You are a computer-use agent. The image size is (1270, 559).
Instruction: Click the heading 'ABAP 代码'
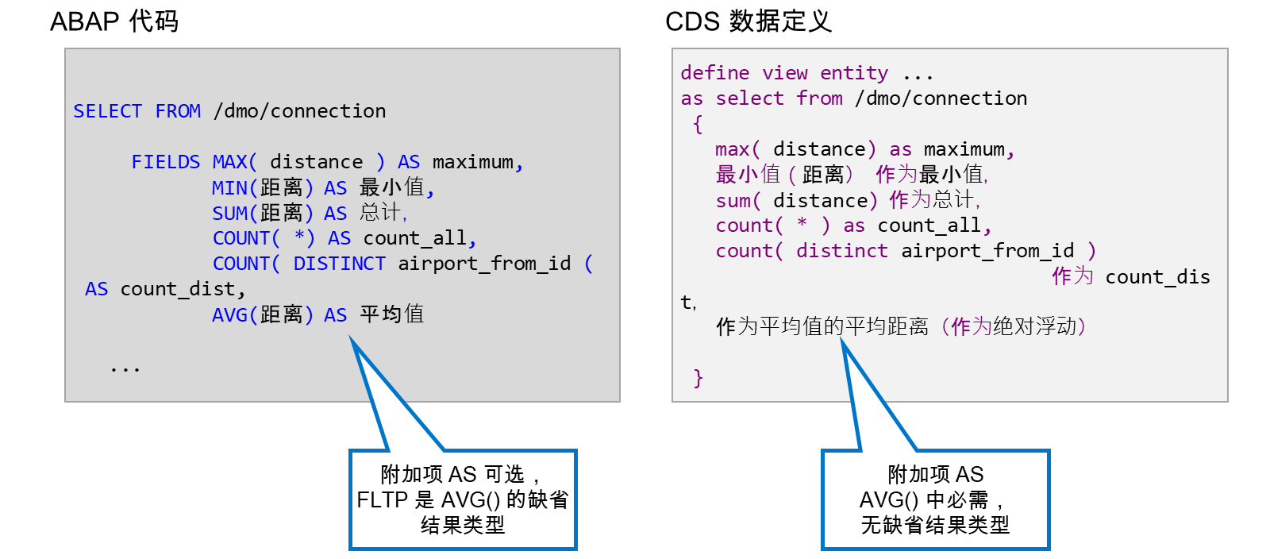114,21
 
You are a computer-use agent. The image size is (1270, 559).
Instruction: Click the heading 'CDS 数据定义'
749,21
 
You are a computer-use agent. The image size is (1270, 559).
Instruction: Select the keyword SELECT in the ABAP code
108,111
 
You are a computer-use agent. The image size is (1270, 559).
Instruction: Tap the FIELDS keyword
166,162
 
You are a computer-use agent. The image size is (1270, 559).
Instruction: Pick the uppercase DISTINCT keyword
339,264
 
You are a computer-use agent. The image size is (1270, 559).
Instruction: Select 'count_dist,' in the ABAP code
183,289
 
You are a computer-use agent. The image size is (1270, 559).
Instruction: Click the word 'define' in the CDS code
715,73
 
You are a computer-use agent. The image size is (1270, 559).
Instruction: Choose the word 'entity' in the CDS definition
854,73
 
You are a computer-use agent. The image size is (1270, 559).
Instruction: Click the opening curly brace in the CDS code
698,124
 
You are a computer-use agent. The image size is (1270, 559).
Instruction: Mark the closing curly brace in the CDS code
698,378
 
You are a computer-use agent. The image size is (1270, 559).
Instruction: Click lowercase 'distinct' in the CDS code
842,251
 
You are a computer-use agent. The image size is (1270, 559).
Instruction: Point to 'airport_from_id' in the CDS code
987,251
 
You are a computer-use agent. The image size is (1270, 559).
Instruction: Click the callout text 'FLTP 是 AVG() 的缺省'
463,500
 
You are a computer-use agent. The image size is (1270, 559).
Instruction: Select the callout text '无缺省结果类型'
936,525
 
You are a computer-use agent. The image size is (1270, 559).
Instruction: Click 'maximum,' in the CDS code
969,149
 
